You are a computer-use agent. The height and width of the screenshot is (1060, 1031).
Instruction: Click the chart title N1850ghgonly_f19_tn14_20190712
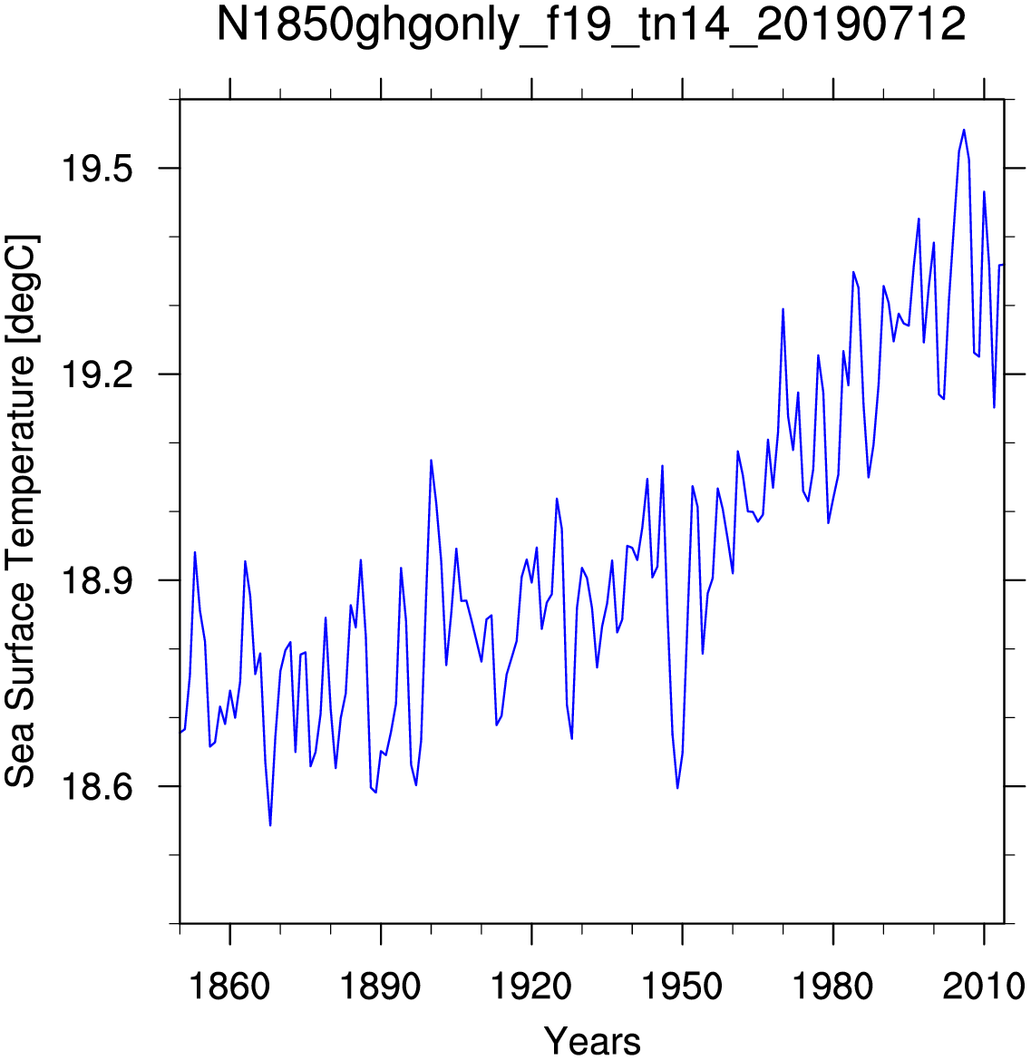[591, 25]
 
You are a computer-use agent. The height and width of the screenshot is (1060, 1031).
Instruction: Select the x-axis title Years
[592, 1040]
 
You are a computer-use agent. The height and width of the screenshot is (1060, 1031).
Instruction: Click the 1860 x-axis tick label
[229, 987]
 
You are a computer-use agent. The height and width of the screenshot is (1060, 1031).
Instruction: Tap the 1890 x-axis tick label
[381, 987]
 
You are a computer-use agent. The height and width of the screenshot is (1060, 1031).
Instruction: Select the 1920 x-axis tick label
[531, 987]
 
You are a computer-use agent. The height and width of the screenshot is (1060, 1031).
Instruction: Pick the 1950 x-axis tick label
[682, 987]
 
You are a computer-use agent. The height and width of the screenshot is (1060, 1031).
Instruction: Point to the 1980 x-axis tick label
[833, 987]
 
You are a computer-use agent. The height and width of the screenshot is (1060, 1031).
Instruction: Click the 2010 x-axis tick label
[984, 987]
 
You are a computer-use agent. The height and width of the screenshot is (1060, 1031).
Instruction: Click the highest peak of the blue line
[964, 130]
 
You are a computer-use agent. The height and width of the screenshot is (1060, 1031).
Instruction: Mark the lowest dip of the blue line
[270, 825]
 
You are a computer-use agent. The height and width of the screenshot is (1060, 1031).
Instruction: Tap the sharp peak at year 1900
[431, 461]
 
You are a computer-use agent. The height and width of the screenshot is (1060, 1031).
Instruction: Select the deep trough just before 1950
[677, 788]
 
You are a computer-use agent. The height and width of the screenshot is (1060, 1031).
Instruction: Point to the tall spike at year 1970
[783, 309]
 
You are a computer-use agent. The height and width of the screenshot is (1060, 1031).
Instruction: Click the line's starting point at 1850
[180, 732]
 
